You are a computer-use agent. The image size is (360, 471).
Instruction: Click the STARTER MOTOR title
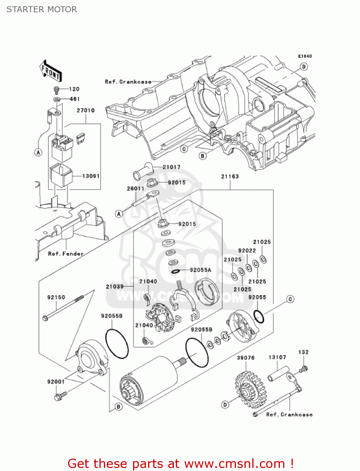(x=42, y=9)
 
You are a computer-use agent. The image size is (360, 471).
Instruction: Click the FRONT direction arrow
(x=50, y=71)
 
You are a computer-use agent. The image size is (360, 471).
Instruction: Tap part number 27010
(x=86, y=110)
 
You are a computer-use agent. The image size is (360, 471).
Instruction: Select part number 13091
(x=91, y=176)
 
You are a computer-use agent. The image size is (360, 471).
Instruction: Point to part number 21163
(x=230, y=176)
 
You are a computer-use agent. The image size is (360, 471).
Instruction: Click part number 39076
(x=245, y=358)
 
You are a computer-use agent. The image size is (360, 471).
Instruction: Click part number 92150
(x=56, y=297)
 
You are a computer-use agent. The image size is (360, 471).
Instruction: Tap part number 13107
(x=277, y=357)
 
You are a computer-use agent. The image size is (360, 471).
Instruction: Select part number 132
(x=303, y=352)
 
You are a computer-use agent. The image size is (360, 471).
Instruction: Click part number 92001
(x=56, y=382)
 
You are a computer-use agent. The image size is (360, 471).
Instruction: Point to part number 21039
(x=115, y=286)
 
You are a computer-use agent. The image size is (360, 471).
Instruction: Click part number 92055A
(x=201, y=270)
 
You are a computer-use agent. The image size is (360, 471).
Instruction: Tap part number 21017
(x=171, y=167)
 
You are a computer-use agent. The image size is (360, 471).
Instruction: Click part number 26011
(x=135, y=188)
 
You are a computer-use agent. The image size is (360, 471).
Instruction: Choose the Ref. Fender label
(x=66, y=253)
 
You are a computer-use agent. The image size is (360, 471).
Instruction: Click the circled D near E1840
(x=304, y=67)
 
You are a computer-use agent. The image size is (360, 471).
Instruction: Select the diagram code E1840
(x=305, y=56)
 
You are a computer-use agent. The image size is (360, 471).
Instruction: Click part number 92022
(x=247, y=250)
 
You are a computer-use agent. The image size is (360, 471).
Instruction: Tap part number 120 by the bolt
(x=74, y=89)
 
